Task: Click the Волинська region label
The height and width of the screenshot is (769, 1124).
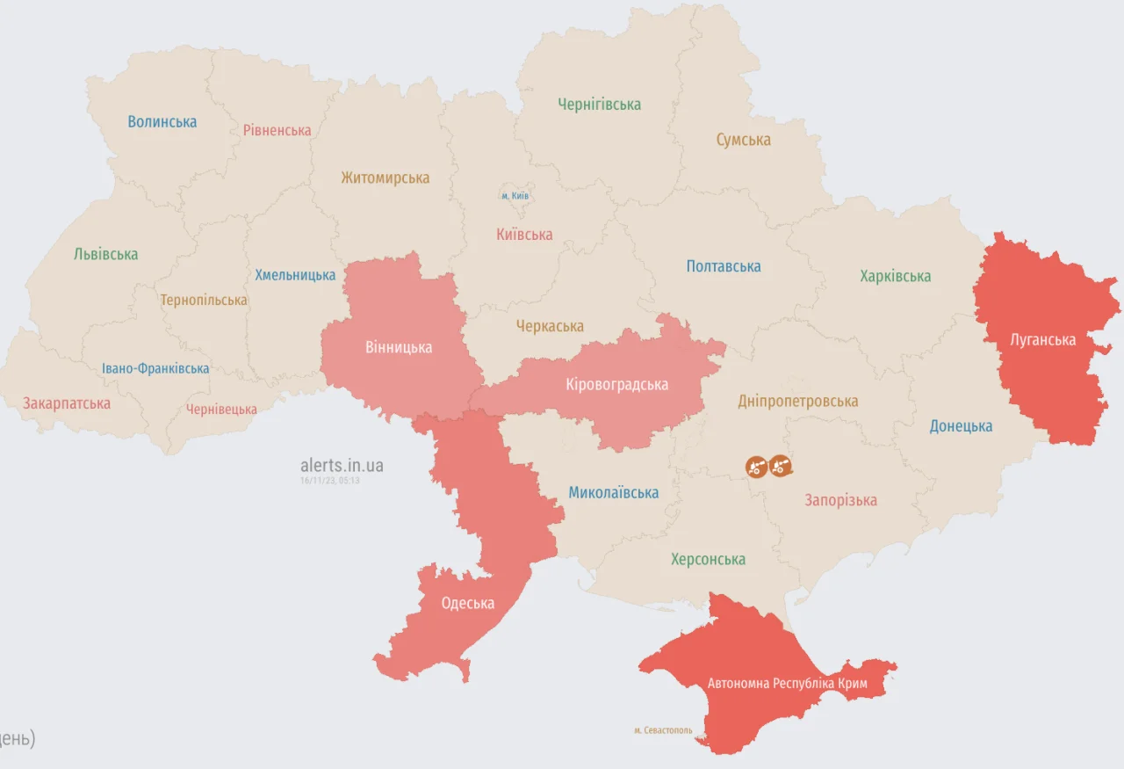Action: [162, 122]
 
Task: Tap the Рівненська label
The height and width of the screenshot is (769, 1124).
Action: [277, 130]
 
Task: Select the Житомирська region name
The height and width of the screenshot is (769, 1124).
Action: [385, 178]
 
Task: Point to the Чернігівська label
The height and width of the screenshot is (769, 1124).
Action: [599, 105]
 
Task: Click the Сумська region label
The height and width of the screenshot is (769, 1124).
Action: [743, 140]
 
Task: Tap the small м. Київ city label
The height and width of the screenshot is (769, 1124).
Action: [515, 195]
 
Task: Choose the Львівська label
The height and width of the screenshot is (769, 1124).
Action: [105, 254]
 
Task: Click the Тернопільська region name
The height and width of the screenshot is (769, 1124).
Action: [204, 301]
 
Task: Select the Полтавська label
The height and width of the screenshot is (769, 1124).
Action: [724, 266]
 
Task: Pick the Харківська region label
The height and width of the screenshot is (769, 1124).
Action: [895, 276]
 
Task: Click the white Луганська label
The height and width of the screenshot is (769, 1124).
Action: [1042, 340]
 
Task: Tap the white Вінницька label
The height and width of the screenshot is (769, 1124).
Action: [399, 347]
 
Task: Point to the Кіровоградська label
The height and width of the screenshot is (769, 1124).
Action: [616, 385]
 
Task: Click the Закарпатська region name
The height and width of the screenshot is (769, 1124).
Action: [67, 403]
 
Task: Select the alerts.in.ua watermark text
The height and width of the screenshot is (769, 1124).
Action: [342, 465]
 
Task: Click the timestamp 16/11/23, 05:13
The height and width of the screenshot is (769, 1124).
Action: [329, 481]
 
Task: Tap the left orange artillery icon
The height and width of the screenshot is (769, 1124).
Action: [756, 467]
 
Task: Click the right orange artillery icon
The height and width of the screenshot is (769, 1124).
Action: [781, 466]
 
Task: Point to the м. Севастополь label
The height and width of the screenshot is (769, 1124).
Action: [663, 730]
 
